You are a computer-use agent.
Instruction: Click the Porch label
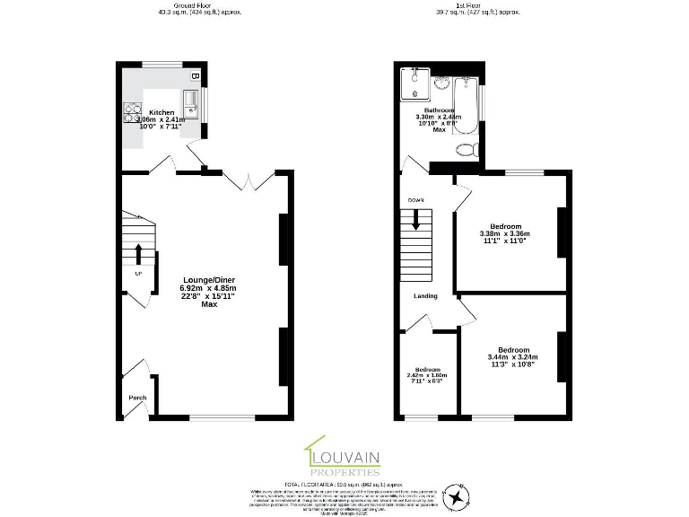tap(137, 398)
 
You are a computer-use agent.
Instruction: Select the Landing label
tap(425, 295)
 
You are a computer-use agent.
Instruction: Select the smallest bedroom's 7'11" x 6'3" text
tap(427, 381)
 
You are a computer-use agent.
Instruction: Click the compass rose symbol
tap(458, 495)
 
